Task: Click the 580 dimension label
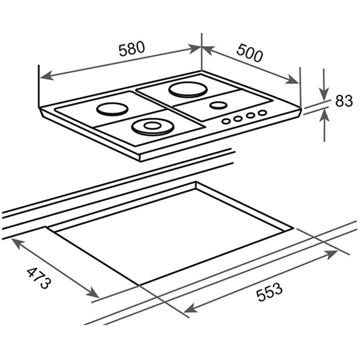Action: point(132,49)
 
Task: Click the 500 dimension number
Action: point(250,53)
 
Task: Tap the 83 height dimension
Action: point(344,101)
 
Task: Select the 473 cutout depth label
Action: point(38,278)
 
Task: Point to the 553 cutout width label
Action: point(269,292)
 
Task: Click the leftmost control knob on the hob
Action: point(226,121)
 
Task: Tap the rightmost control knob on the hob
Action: point(262,113)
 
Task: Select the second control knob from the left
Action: point(238,118)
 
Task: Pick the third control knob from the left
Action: point(250,115)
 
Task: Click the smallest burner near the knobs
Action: point(218,106)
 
